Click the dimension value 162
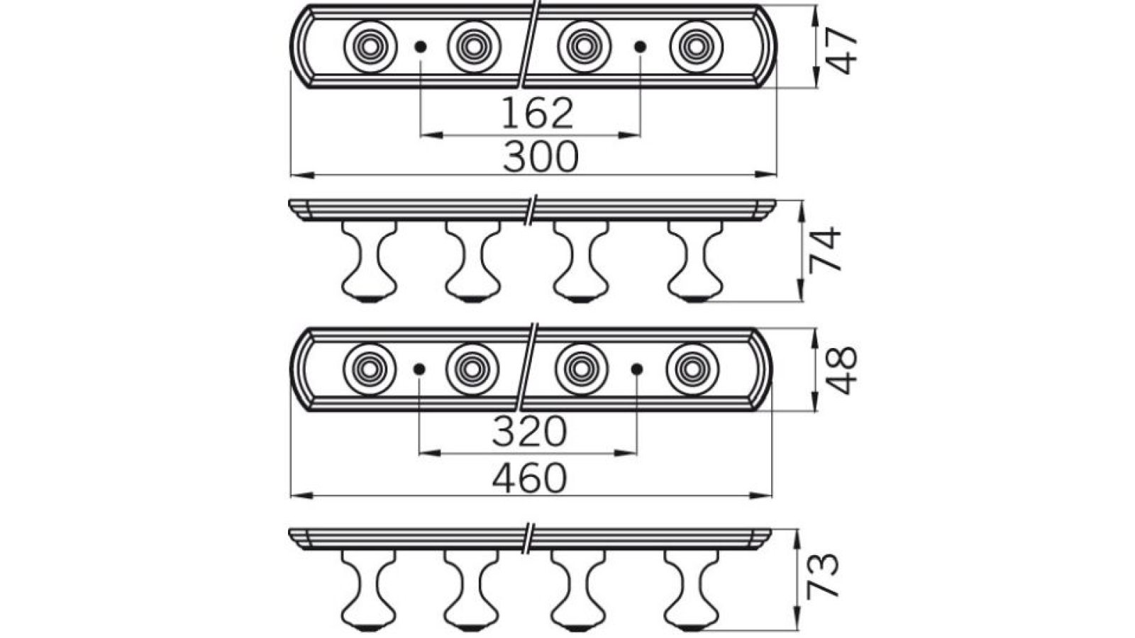[537, 113]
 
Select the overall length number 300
[541, 157]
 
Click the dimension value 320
[530, 431]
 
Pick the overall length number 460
[530, 478]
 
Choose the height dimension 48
[842, 370]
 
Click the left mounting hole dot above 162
[421, 47]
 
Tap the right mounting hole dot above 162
[641, 47]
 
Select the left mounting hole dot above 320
[419, 369]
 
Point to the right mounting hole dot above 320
[637, 369]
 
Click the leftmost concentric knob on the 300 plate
[370, 47]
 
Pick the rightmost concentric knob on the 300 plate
[696, 47]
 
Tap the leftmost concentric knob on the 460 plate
[369, 369]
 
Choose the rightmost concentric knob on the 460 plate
[692, 369]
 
